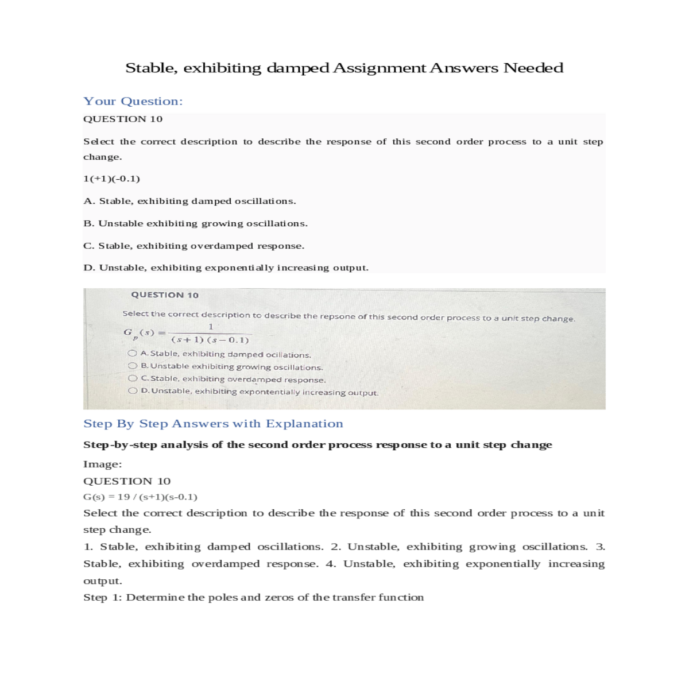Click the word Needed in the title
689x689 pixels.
coord(533,68)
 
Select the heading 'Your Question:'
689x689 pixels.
coord(133,101)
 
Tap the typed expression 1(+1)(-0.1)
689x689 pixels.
coord(111,179)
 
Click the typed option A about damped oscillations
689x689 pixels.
coord(189,201)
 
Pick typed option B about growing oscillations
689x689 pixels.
coord(195,223)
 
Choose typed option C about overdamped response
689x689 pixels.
coord(193,246)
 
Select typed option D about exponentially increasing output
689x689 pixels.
coord(226,268)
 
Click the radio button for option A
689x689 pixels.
coord(133,354)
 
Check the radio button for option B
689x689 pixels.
coord(133,366)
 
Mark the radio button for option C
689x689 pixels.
coord(133,378)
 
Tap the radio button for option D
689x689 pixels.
coord(133,391)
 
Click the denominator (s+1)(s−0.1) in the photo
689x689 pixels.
coord(210,340)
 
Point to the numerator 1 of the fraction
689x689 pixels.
coord(211,327)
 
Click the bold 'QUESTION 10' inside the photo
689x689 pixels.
coord(165,295)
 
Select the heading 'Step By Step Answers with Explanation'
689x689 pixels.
coord(213,424)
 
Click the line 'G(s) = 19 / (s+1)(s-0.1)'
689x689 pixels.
coord(140,497)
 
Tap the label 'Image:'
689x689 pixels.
coord(102,464)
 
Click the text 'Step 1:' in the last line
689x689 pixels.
coord(102,597)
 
